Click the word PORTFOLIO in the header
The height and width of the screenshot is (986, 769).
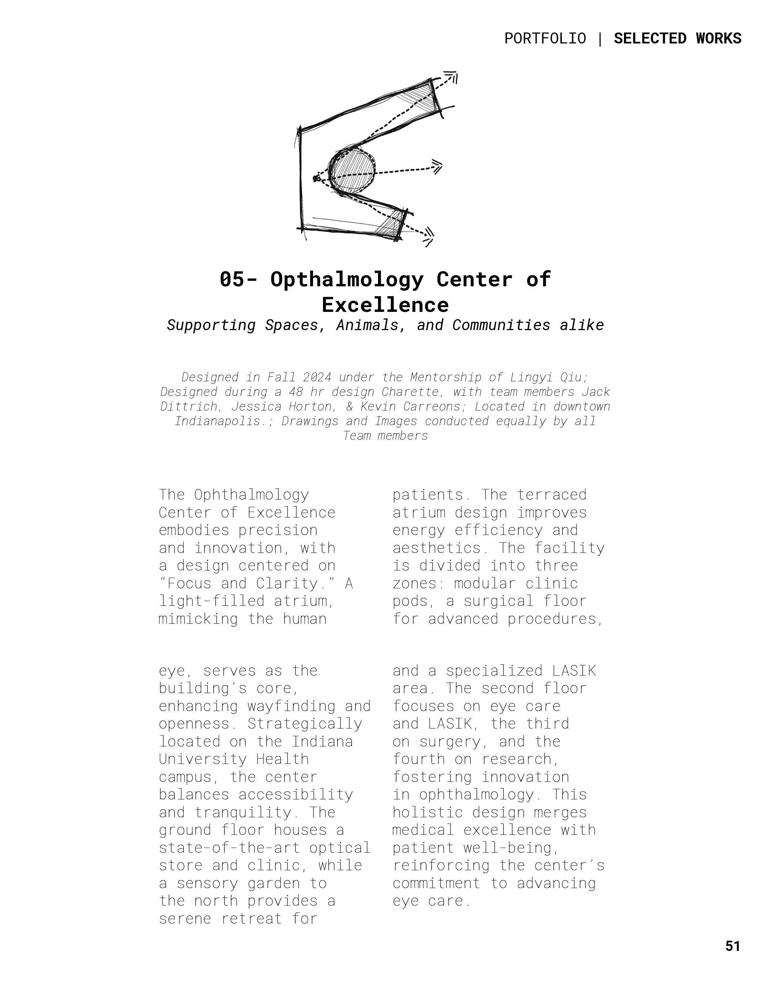(545, 39)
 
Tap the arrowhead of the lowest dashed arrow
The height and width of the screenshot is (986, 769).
(428, 235)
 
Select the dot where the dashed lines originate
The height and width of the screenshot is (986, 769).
(316, 179)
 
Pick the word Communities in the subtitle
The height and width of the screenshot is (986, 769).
(501, 325)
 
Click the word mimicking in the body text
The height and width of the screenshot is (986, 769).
(198, 619)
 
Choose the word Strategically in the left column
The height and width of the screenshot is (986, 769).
(305, 724)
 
